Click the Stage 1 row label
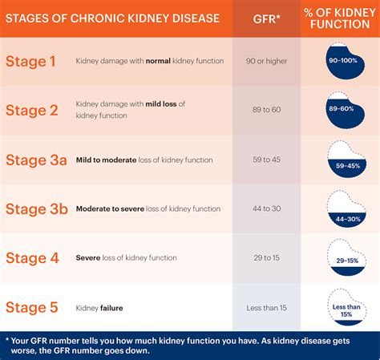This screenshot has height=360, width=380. point(32,61)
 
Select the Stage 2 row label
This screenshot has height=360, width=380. point(32,110)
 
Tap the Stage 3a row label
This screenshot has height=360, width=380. point(36,160)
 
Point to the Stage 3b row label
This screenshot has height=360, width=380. point(36,208)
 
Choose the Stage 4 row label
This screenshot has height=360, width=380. point(32,257)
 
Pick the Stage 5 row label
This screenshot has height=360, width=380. point(32,307)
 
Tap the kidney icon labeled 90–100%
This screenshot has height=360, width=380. point(342,61)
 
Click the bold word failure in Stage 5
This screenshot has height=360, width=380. point(111,307)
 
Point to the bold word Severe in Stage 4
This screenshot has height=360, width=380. point(87,257)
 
